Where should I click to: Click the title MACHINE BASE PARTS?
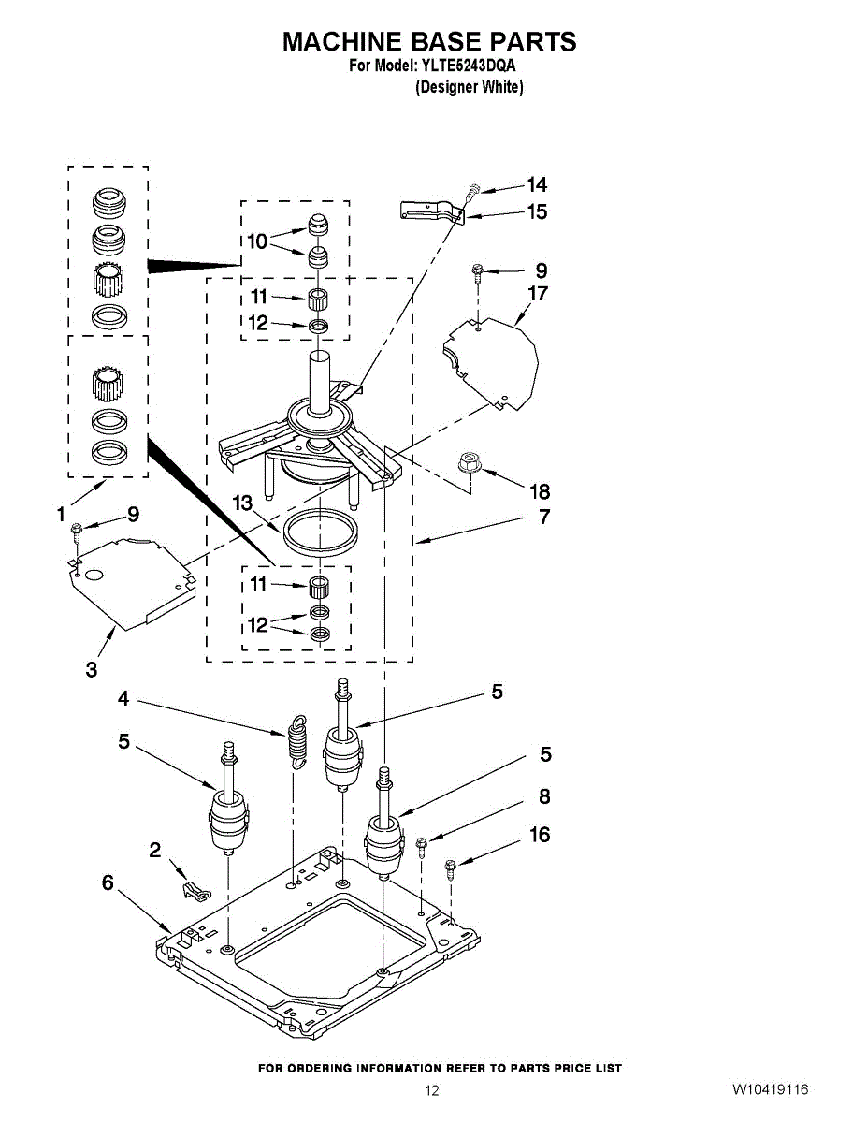429,42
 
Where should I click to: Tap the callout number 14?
537,185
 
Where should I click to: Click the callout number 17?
537,294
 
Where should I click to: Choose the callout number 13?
243,504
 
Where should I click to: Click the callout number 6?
108,882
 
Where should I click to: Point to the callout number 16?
540,834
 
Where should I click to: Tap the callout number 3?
91,669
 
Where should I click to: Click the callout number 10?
257,241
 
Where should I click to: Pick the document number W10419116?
770,1089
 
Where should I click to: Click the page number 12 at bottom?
432,1090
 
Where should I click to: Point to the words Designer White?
469,87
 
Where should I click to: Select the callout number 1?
61,514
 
